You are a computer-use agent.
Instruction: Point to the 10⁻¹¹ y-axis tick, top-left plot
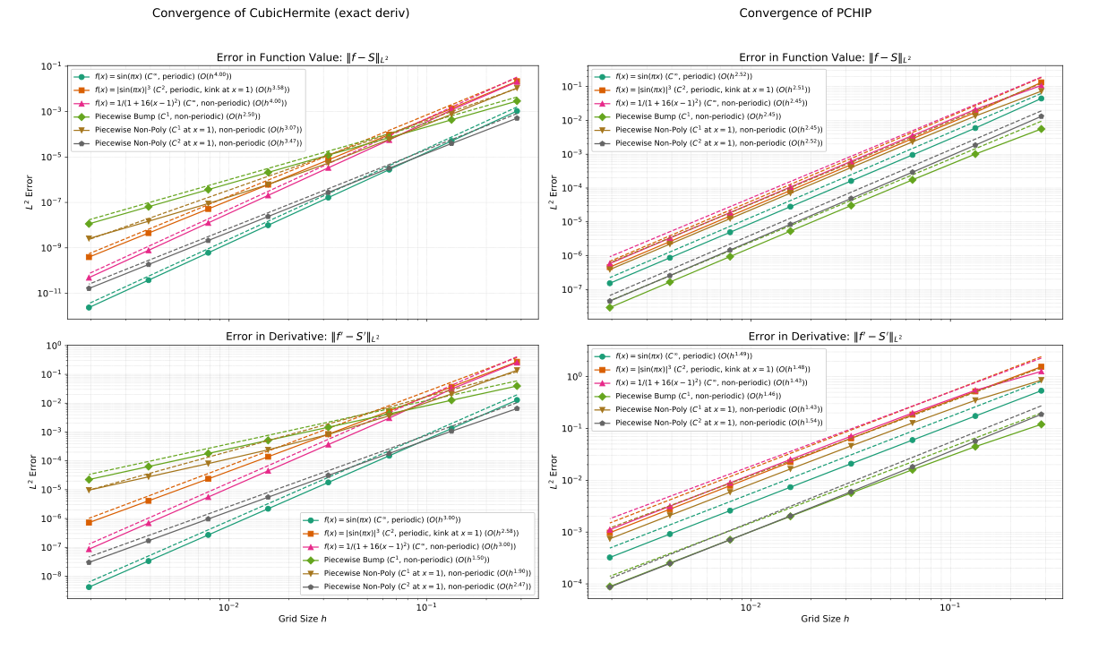(49, 293)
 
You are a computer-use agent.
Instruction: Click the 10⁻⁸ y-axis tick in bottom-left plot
(51, 576)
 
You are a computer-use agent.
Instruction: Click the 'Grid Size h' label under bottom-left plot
(303, 620)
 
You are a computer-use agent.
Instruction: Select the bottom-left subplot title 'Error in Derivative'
(303, 337)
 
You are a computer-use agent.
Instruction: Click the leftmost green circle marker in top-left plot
(89, 307)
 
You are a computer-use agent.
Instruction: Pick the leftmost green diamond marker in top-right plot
(610, 307)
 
